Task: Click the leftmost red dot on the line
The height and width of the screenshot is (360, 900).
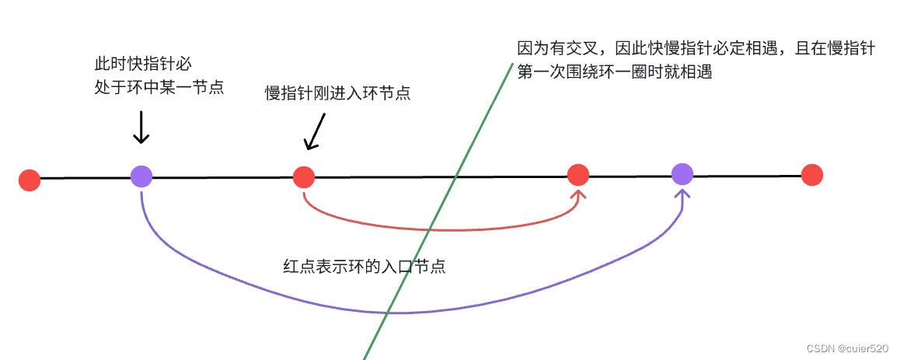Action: pyautogui.click(x=30, y=180)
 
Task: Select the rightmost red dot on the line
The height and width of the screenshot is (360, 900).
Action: pyautogui.click(x=811, y=175)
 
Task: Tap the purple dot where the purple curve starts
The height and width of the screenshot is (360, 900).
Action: pyautogui.click(x=141, y=177)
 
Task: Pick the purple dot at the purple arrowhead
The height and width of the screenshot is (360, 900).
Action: pyautogui.click(x=682, y=174)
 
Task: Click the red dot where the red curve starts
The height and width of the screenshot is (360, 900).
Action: pyautogui.click(x=303, y=177)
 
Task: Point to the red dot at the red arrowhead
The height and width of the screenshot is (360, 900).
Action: pyautogui.click(x=577, y=174)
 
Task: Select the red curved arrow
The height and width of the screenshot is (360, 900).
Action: pyautogui.click(x=435, y=229)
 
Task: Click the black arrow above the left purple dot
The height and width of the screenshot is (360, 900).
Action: pyautogui.click(x=141, y=128)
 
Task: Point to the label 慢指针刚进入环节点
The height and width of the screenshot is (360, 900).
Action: pyautogui.click(x=337, y=93)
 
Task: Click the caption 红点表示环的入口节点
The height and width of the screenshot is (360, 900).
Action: pyautogui.click(x=364, y=267)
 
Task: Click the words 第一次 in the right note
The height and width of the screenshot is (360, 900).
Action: pyautogui.click(x=541, y=72)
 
